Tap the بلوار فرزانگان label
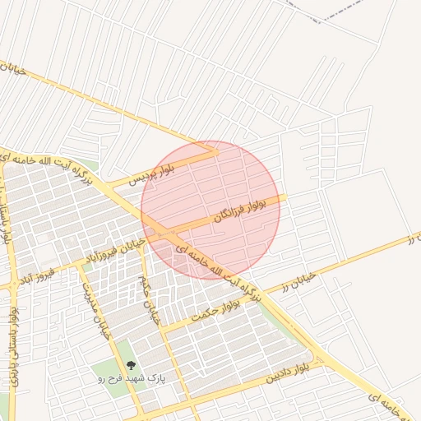coord(242,206)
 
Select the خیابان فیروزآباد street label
coord(119,250)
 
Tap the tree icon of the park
coord(130,365)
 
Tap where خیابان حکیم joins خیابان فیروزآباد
coord(141,246)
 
